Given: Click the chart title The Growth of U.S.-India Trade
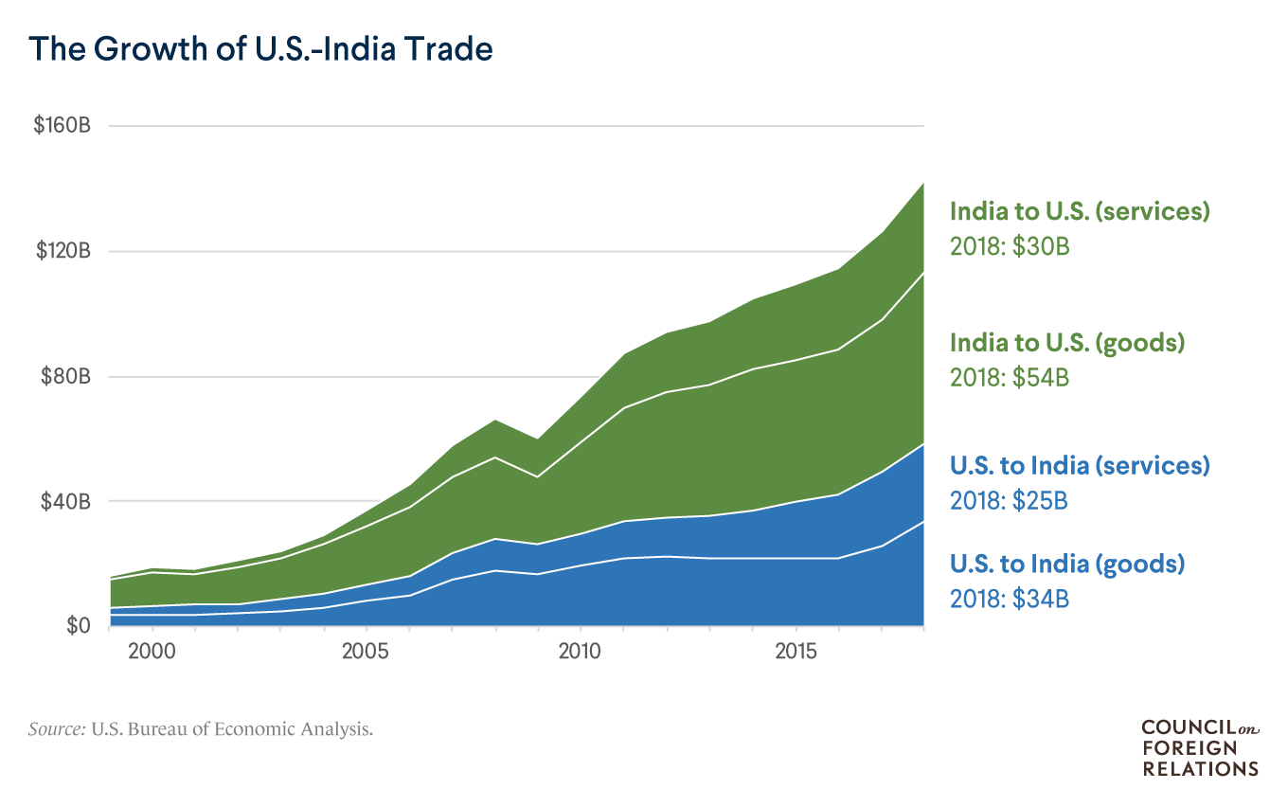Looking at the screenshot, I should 260,48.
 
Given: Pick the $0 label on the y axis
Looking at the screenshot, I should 78,626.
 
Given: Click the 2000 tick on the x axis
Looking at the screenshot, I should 152,652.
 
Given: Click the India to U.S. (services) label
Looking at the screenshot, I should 1080,211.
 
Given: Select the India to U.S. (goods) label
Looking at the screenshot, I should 1067,342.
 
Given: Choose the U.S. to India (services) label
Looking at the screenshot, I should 1080,465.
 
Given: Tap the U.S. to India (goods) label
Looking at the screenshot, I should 1067,565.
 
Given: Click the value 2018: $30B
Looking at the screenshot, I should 1010,247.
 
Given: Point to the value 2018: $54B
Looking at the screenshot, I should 1010,377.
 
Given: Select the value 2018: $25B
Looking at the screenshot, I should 1010,500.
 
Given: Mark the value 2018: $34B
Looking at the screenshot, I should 1010,600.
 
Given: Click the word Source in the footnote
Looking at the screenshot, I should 58,729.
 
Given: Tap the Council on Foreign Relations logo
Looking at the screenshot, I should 1200,747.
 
